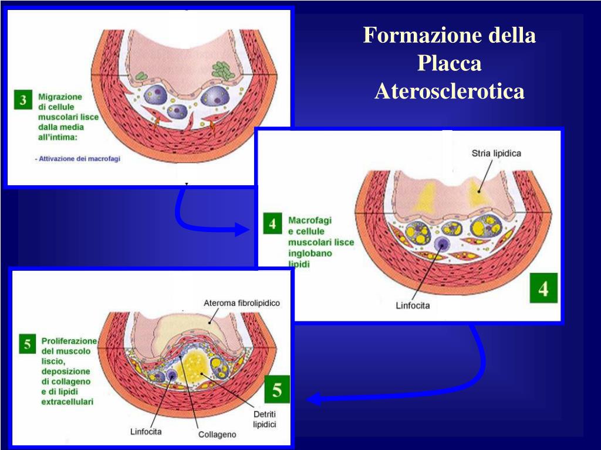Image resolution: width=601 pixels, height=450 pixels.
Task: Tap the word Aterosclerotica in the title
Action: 449,91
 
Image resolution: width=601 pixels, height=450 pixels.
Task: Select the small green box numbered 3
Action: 23,100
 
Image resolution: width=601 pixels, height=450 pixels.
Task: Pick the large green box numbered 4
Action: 543,288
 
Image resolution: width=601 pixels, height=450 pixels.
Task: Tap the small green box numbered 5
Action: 27,343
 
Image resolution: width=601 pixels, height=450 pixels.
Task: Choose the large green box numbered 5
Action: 277,390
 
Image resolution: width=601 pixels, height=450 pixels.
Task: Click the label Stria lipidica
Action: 496,154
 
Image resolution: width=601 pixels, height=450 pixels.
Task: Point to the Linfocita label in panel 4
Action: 413,306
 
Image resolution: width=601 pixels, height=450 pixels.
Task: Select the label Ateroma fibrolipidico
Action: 242,303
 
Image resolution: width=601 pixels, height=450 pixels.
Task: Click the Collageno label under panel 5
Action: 217,435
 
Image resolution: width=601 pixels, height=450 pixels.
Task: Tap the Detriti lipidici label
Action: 265,419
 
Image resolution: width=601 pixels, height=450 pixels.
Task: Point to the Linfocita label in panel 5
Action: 146,432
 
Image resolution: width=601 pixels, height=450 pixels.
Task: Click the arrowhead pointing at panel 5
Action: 314,400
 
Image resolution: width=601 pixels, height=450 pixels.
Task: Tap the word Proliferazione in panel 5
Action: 69,340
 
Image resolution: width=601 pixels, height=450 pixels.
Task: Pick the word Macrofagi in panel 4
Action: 310,220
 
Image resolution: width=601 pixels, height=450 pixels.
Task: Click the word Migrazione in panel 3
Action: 60,96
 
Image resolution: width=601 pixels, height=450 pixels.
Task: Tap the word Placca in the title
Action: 449,63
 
